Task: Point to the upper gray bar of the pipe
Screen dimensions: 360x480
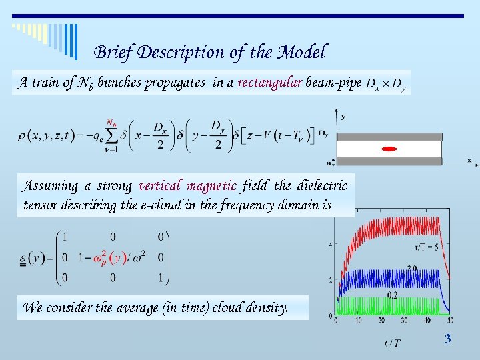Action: [x=389, y=136]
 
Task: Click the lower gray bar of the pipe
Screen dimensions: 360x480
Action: [x=389, y=161]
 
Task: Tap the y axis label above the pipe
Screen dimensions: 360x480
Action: [x=343, y=117]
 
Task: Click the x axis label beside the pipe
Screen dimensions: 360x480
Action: [x=469, y=160]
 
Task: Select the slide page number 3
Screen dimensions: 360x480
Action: [x=447, y=339]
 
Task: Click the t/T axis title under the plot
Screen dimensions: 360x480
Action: [x=393, y=343]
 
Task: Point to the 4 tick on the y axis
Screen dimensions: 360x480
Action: [x=331, y=245]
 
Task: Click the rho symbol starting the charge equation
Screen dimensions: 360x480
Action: [x=22, y=137]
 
